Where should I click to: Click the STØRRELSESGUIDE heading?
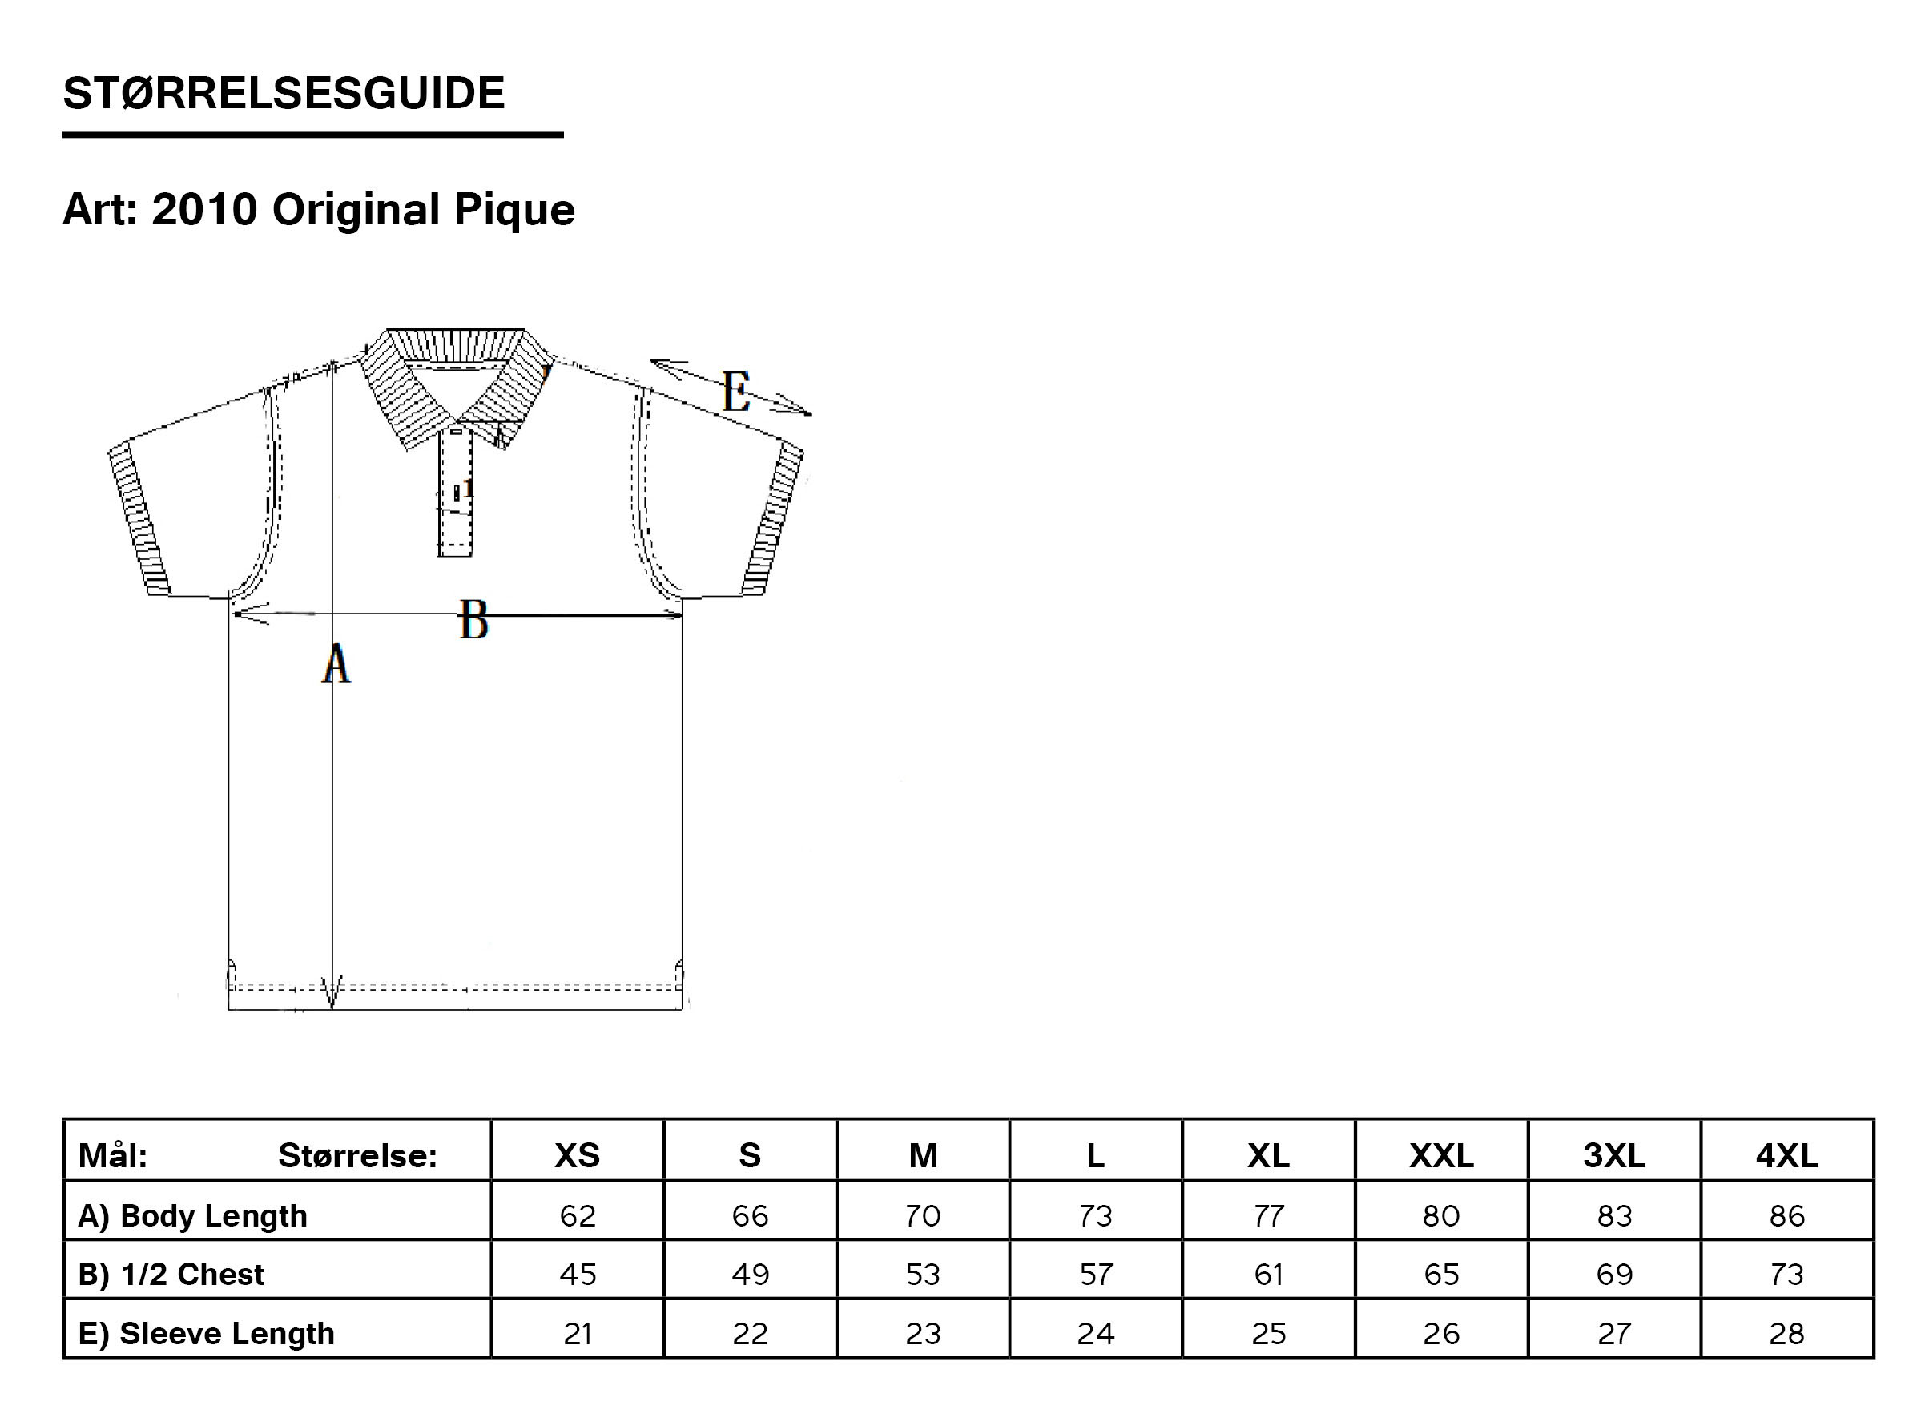click(284, 93)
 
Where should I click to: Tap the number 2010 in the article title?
click(204, 210)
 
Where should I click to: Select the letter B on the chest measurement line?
click(473, 620)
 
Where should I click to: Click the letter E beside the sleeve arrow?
click(736, 392)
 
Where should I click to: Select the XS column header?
click(578, 1155)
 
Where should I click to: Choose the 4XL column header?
click(1786, 1155)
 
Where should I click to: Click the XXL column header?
click(1441, 1155)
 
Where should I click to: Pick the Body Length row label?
click(192, 1215)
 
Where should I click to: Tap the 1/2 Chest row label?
click(171, 1274)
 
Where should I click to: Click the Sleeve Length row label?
click(206, 1334)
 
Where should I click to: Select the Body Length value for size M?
click(923, 1216)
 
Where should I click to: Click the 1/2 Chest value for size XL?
click(1269, 1275)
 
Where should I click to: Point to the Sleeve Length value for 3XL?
click(1614, 1335)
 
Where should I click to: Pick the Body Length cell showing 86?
click(1786, 1216)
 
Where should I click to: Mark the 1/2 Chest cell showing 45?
click(578, 1275)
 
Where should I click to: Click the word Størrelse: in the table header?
click(357, 1156)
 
